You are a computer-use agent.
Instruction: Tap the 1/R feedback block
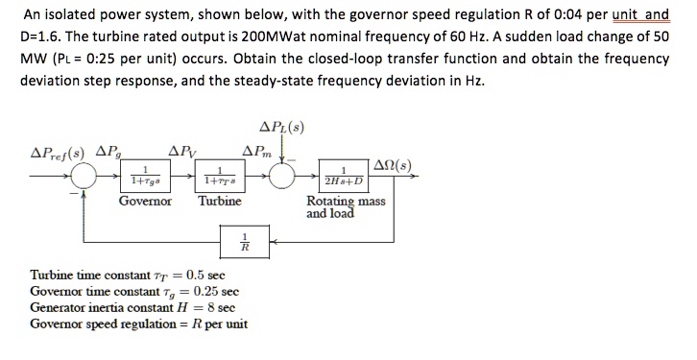pyautogui.click(x=247, y=241)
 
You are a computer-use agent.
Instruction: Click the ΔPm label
pyautogui.click(x=260, y=152)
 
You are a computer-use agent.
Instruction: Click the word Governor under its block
pyautogui.click(x=145, y=202)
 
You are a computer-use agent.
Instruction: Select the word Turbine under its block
pyautogui.click(x=220, y=202)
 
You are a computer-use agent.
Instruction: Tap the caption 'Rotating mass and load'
pyautogui.click(x=345, y=207)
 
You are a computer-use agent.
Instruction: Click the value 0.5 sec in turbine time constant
pyautogui.click(x=207, y=275)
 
